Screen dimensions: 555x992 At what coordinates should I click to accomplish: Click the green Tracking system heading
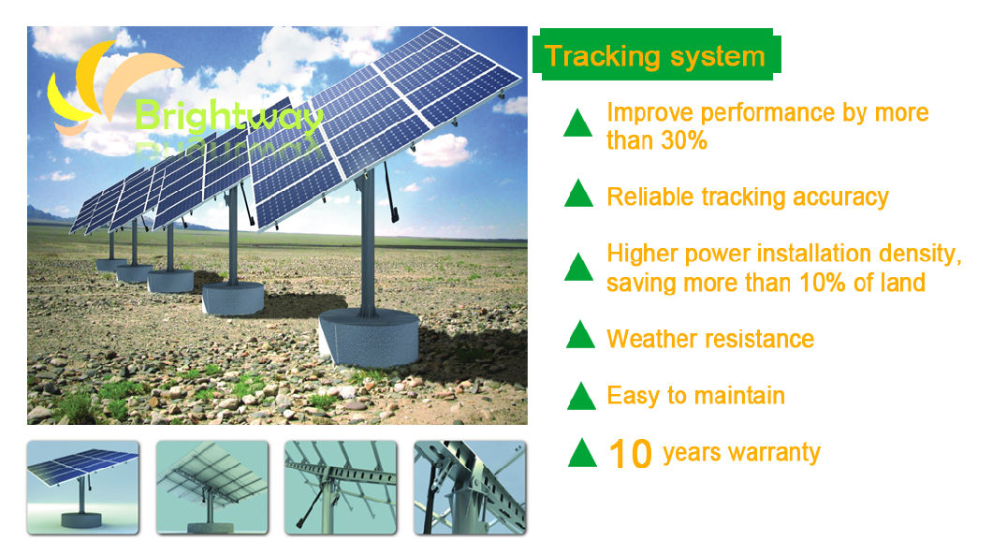654,56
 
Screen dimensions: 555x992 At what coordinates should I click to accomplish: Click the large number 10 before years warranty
630,454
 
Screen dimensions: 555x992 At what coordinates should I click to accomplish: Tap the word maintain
738,395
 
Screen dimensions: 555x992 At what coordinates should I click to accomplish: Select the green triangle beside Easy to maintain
581,396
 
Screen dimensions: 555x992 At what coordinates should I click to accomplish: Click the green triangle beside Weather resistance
581,334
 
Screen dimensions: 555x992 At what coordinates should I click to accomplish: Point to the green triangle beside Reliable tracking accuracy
579,194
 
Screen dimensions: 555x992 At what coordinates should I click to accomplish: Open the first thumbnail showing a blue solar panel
82,488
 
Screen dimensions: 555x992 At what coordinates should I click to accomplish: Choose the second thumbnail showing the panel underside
212,488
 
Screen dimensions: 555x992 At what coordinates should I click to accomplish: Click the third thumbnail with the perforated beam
340,488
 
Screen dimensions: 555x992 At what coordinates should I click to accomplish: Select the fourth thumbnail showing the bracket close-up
470,488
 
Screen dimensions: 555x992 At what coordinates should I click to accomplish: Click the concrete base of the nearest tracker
367,338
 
